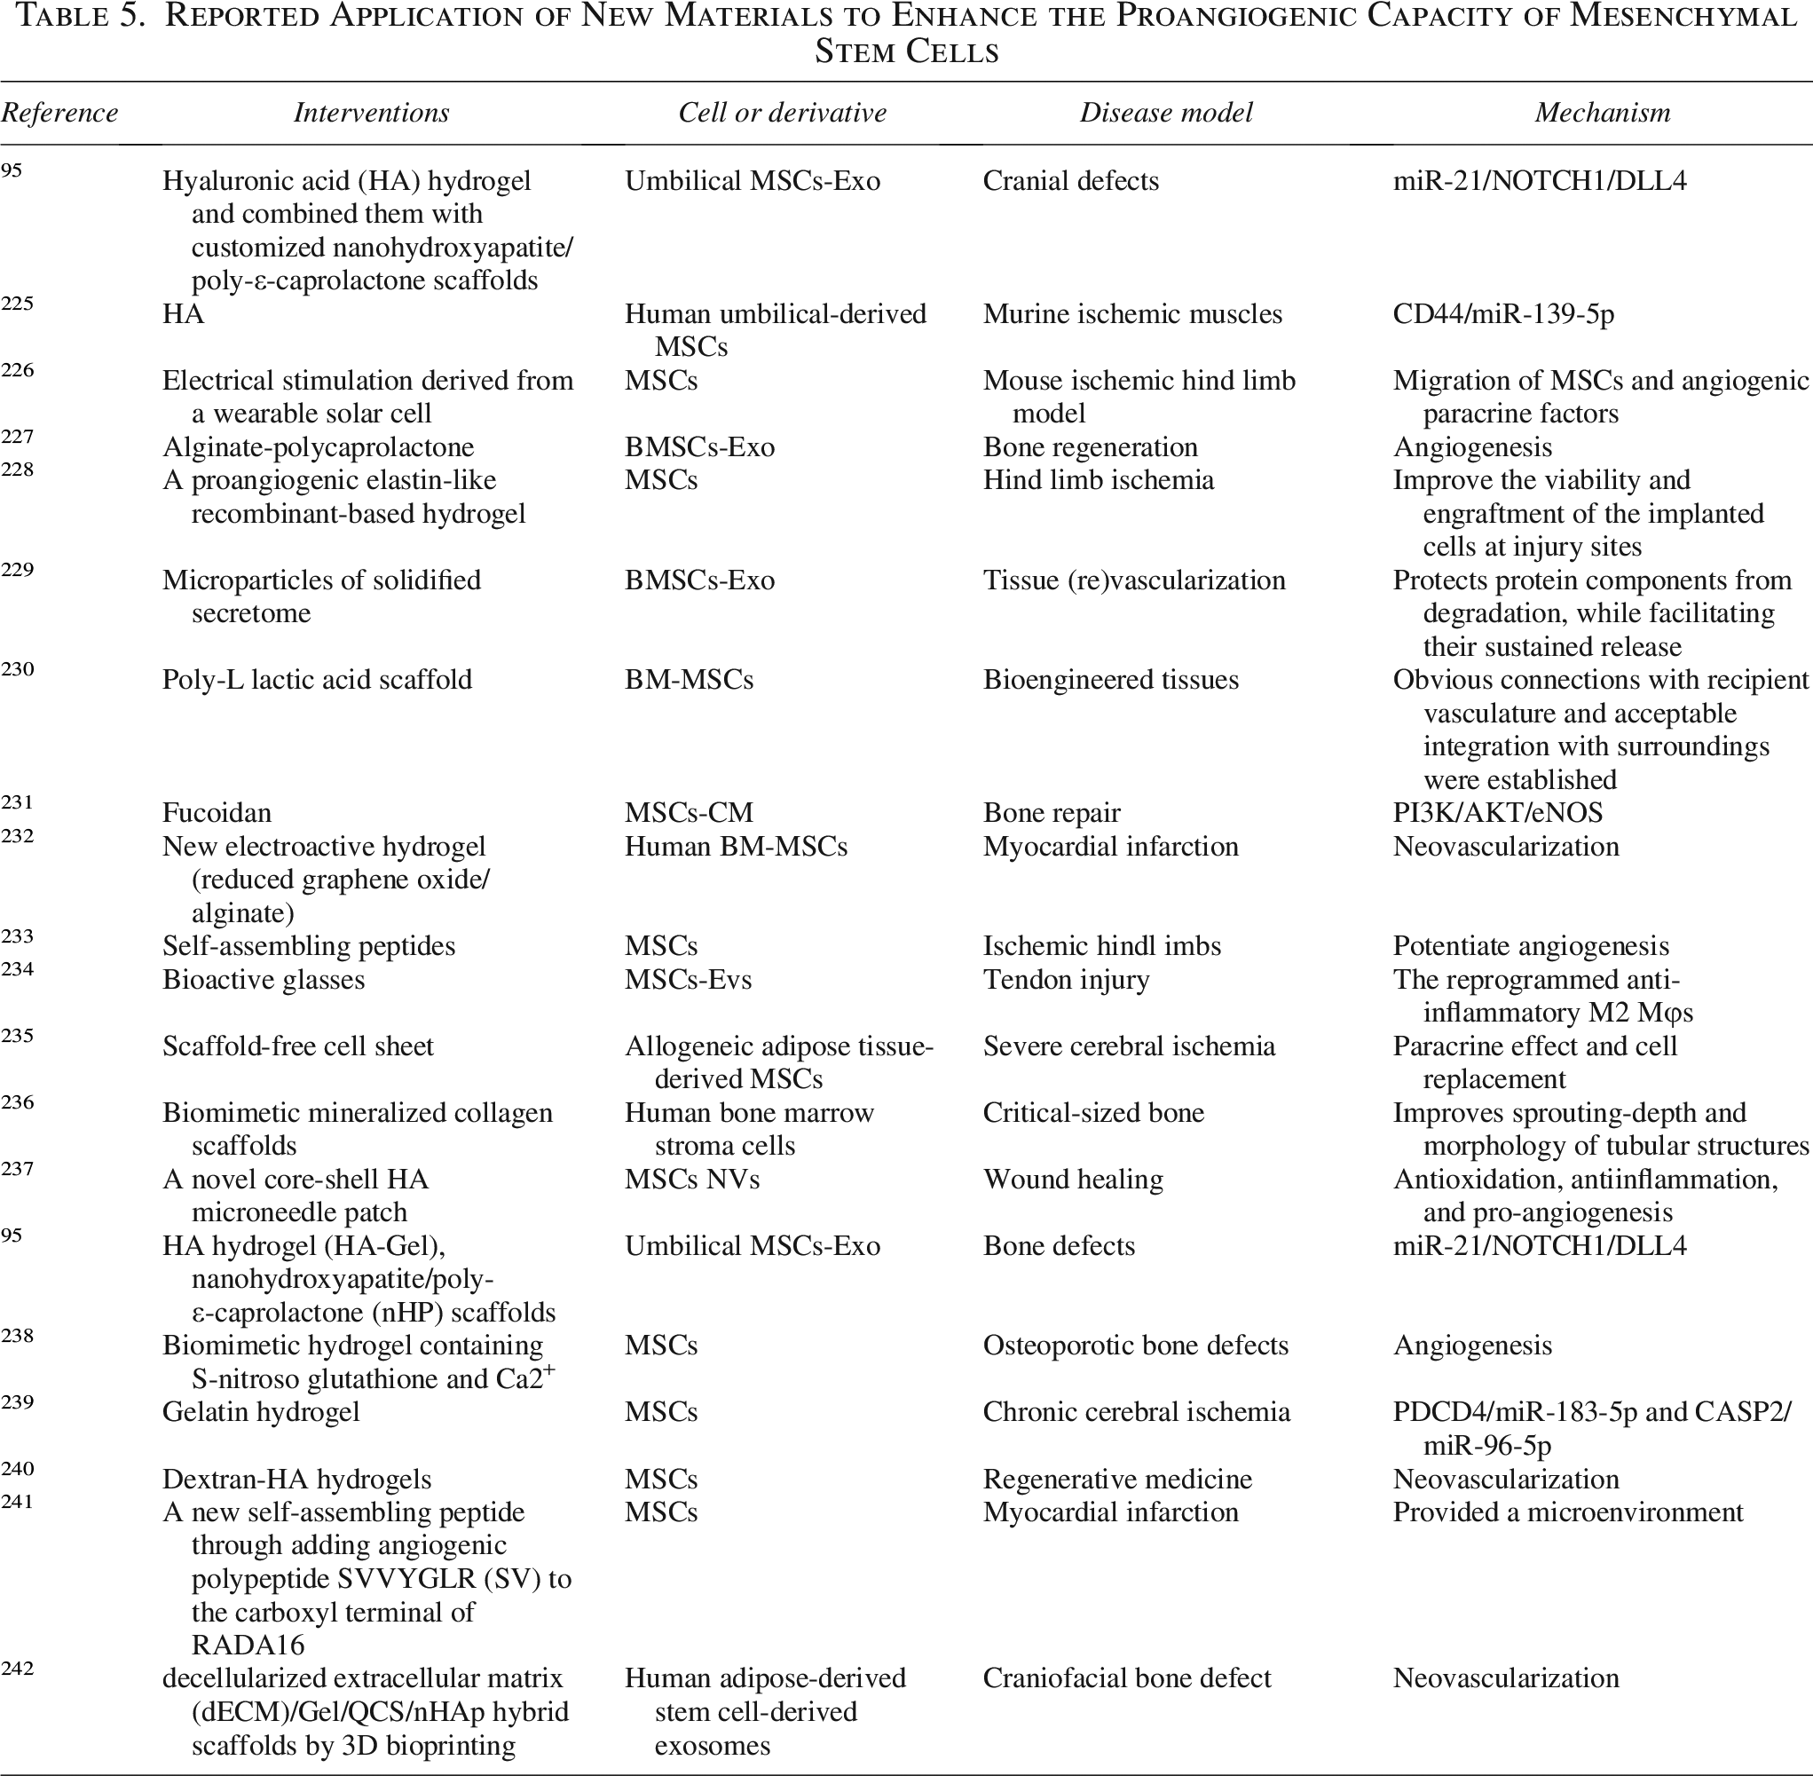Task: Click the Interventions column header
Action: (371, 113)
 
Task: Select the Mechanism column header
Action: (1602, 113)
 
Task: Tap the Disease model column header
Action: (1166, 113)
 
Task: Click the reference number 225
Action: (17, 304)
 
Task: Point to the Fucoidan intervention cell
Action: (217, 812)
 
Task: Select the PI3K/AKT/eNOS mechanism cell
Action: (1498, 812)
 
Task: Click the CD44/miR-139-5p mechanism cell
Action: (1503, 313)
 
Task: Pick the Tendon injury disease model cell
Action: (1066, 979)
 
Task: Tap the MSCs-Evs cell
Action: (688, 979)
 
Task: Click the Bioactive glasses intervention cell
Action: (263, 979)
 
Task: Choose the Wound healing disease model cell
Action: (1073, 1179)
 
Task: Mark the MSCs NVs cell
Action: (692, 1179)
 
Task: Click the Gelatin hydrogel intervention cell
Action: (261, 1412)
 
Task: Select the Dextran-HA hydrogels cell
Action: (296, 1480)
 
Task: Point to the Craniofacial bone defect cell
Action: (1127, 1678)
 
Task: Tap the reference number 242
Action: (17, 1668)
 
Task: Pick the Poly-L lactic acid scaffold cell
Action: (317, 679)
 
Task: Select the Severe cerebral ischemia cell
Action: (1129, 1046)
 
